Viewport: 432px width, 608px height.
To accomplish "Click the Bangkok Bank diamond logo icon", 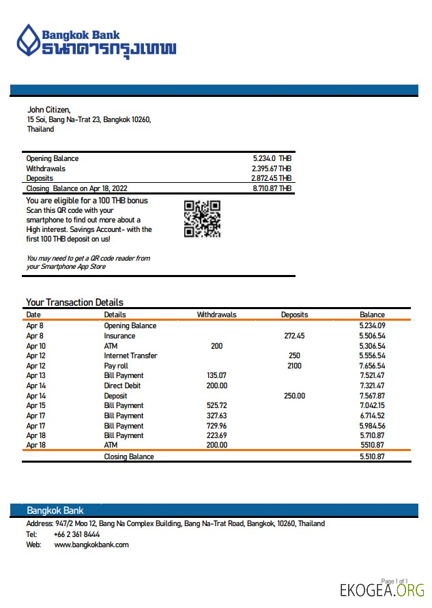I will pos(28,40).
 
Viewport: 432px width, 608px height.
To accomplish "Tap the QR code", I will pos(202,218).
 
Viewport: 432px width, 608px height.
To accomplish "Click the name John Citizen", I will pos(48,109).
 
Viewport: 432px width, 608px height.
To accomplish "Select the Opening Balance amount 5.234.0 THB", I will pos(272,158).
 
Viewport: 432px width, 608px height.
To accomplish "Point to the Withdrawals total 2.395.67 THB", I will pos(271,169).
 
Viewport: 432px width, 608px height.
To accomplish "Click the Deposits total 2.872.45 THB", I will pos(271,178).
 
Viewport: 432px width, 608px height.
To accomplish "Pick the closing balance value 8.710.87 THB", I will pos(272,188).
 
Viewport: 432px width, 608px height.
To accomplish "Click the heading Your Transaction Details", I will pos(74,302).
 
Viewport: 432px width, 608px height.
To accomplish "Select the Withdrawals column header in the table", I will pos(216,315).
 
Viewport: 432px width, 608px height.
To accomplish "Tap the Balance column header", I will pos(372,315).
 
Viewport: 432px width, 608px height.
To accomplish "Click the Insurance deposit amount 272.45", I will pos(294,336).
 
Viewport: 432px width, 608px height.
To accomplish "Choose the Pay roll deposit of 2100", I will pos(294,366).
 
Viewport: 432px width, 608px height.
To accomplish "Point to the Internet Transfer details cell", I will pos(130,356).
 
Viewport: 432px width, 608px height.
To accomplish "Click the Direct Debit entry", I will pos(124,386).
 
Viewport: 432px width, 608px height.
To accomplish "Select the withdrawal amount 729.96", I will pos(216,425).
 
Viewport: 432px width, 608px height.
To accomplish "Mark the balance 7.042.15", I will pos(372,405).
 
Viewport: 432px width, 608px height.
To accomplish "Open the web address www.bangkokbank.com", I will pos(91,545).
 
